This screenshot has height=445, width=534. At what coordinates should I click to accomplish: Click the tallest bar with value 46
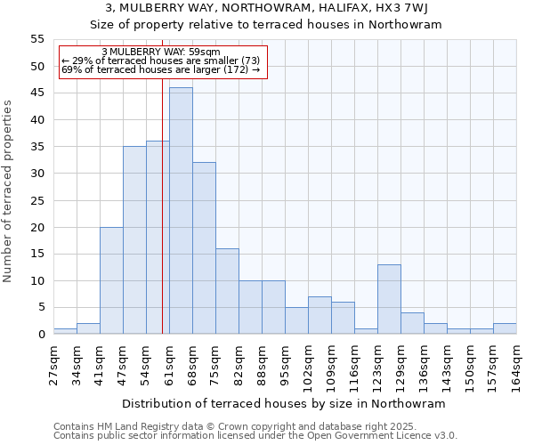[181, 211]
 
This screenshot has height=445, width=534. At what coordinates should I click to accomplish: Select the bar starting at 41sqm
[111, 280]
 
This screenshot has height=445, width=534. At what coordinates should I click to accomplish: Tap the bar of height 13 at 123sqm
[389, 299]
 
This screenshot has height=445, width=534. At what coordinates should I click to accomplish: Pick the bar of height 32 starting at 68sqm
[204, 248]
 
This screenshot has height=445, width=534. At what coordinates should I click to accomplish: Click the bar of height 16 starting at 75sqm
[227, 291]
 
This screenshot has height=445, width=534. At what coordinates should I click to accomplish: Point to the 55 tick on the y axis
[37, 39]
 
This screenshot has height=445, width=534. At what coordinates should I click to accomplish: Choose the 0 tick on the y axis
[41, 335]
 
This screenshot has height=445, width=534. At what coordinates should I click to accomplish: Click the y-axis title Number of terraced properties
[9, 190]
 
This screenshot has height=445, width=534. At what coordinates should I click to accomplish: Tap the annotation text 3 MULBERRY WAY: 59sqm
[161, 52]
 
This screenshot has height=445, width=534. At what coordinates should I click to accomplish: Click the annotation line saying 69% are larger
[161, 69]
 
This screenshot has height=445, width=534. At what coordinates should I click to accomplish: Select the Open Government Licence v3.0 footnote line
[255, 436]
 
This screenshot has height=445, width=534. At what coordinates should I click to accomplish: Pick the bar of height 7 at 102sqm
[320, 315]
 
